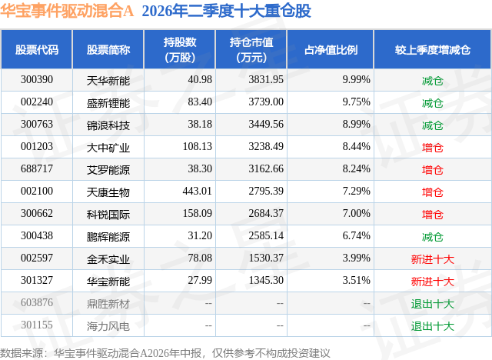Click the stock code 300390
tap(37, 80)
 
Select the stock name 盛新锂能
tap(108, 102)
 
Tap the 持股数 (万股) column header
tap(180, 49)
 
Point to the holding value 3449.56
tap(266, 125)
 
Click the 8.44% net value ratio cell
tap(357, 147)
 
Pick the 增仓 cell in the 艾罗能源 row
tap(432, 170)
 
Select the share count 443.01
tap(198, 191)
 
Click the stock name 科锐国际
tap(108, 215)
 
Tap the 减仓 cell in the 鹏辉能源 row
tap(432, 237)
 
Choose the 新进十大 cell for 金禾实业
tap(432, 259)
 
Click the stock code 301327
tap(37, 280)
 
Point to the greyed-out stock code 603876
tap(37, 302)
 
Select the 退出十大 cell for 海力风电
tap(432, 326)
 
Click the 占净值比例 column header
tap(331, 49)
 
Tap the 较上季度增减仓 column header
tap(433, 49)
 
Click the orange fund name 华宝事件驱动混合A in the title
tap(67, 11)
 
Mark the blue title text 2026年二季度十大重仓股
tap(226, 11)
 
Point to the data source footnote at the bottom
tap(165, 353)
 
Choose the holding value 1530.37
tap(266, 258)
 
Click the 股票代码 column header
tap(37, 49)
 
